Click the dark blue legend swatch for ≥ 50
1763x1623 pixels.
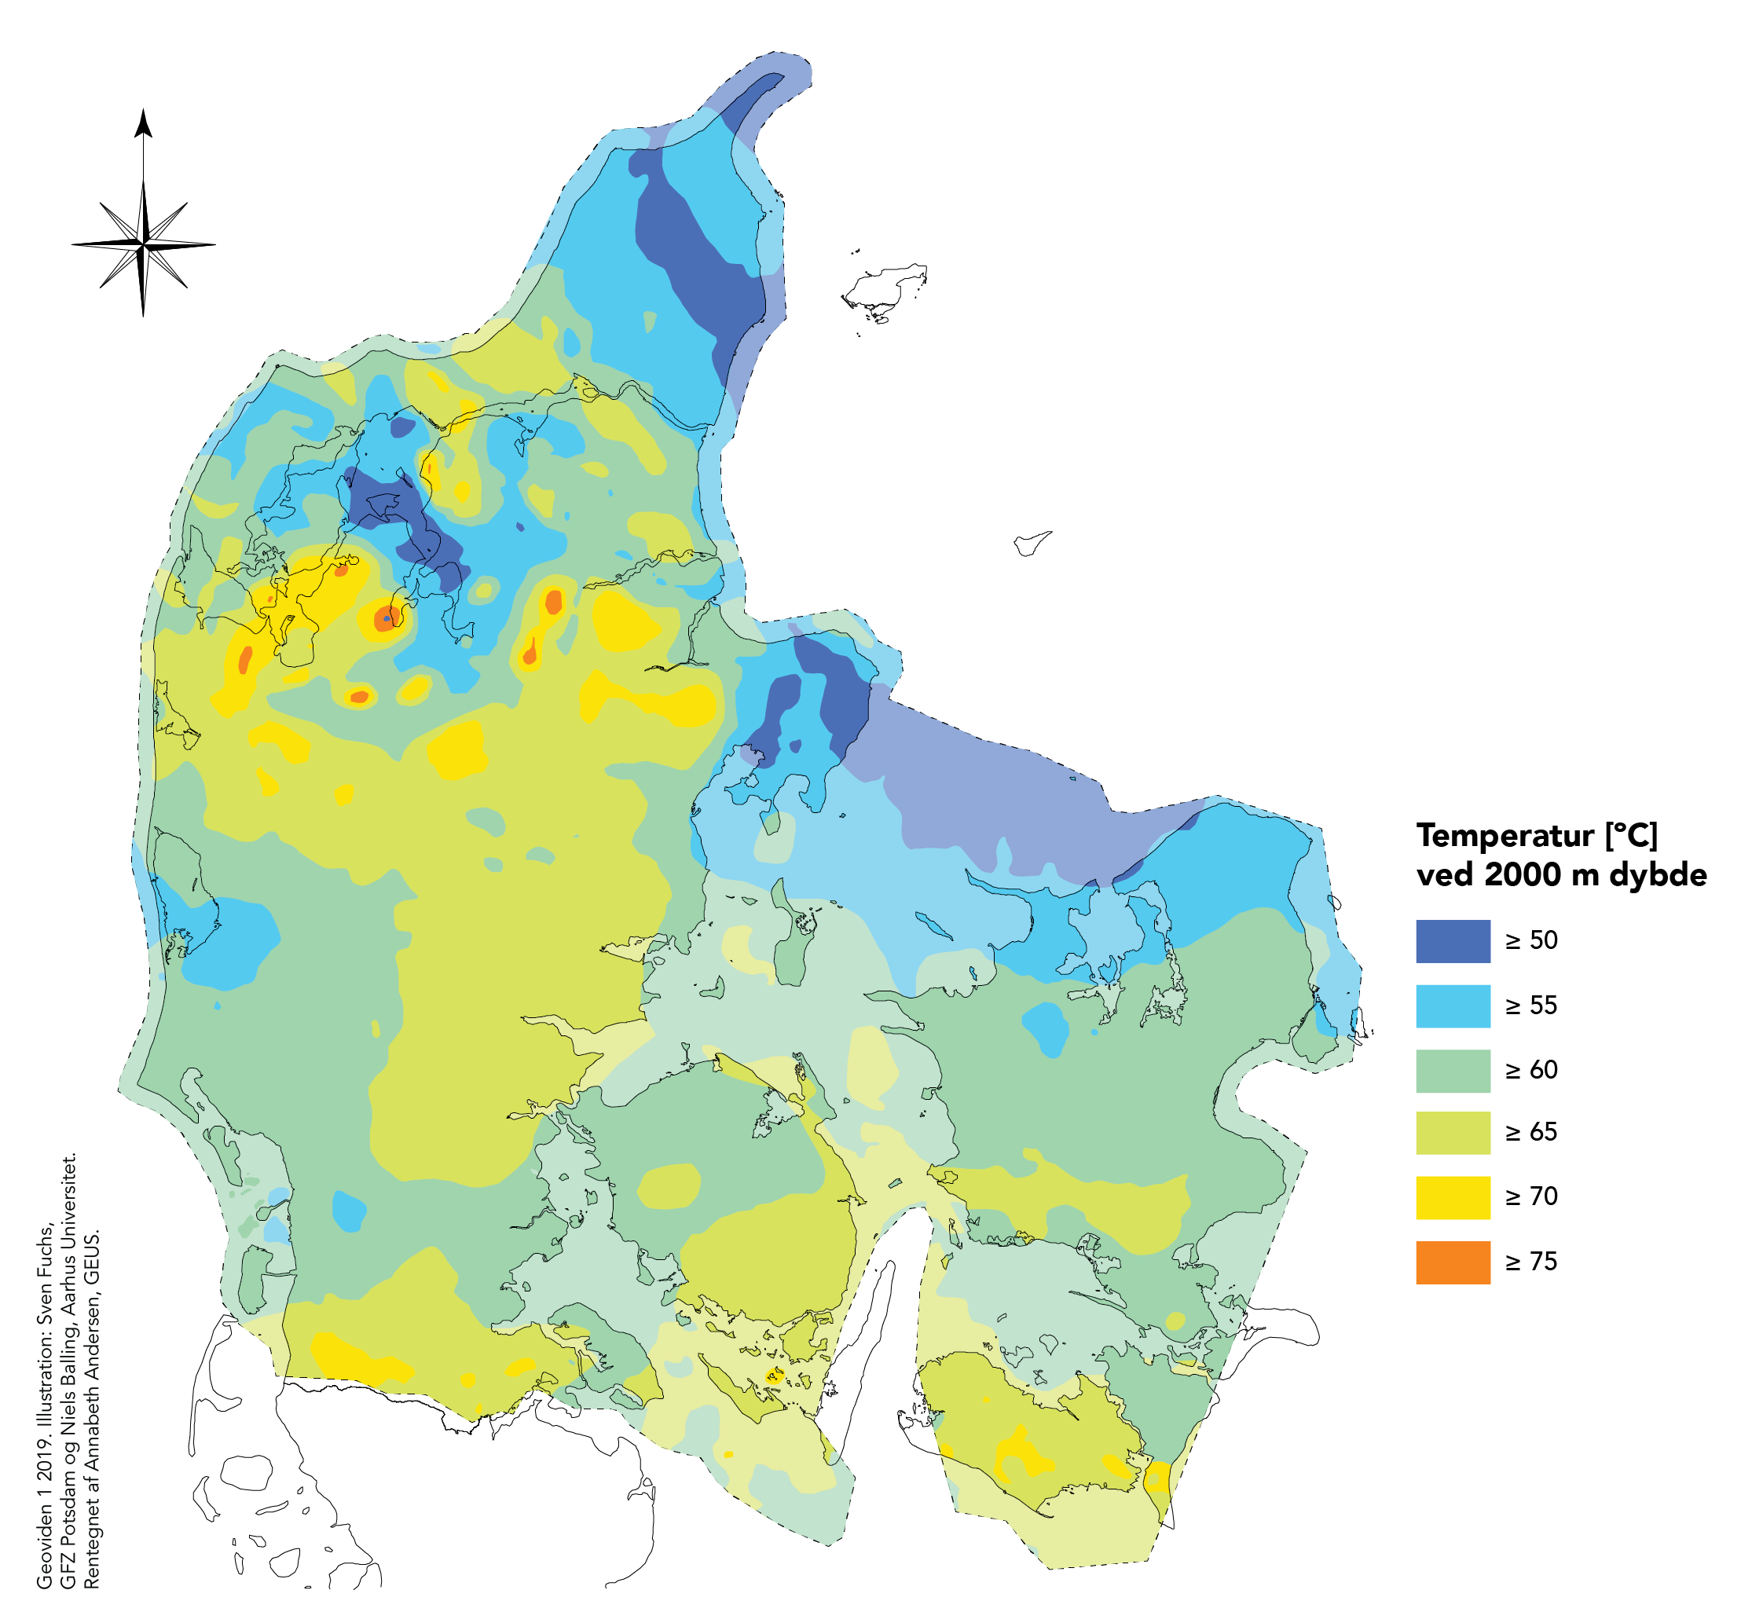point(1452,940)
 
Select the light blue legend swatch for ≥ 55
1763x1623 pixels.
point(1452,1006)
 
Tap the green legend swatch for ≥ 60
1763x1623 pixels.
point(1452,1071)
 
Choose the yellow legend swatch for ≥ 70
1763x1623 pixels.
point(1452,1197)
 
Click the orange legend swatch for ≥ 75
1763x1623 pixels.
point(1452,1262)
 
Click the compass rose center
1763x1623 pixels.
point(143,244)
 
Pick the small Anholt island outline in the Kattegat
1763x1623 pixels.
point(1029,542)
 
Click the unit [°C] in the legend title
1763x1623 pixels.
point(1632,835)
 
